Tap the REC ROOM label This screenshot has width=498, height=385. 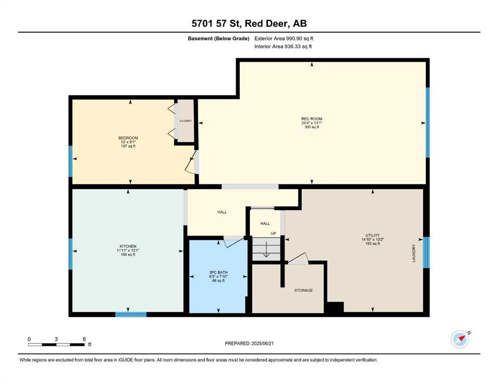click(311, 119)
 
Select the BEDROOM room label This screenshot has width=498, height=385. click(128, 138)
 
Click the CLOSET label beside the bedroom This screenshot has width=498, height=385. click(186, 121)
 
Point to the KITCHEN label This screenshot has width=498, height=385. click(128, 246)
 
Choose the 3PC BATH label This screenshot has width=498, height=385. click(218, 272)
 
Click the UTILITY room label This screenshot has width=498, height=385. click(373, 236)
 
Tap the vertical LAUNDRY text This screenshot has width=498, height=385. click(414, 253)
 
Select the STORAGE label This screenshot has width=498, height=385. click(303, 290)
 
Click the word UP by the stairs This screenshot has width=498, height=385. click(273, 234)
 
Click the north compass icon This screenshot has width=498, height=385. click(460, 339)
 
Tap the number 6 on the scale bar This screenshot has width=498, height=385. click(84, 339)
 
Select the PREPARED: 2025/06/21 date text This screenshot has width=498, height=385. click(249, 343)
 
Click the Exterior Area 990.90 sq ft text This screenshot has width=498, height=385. click(284, 39)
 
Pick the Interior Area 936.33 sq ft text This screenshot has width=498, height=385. click(283, 46)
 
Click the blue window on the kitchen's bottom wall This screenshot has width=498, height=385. click(130, 314)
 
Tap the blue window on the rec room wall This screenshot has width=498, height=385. click(427, 122)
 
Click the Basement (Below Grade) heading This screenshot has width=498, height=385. click(219, 39)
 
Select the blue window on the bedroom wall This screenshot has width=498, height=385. click(71, 161)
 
